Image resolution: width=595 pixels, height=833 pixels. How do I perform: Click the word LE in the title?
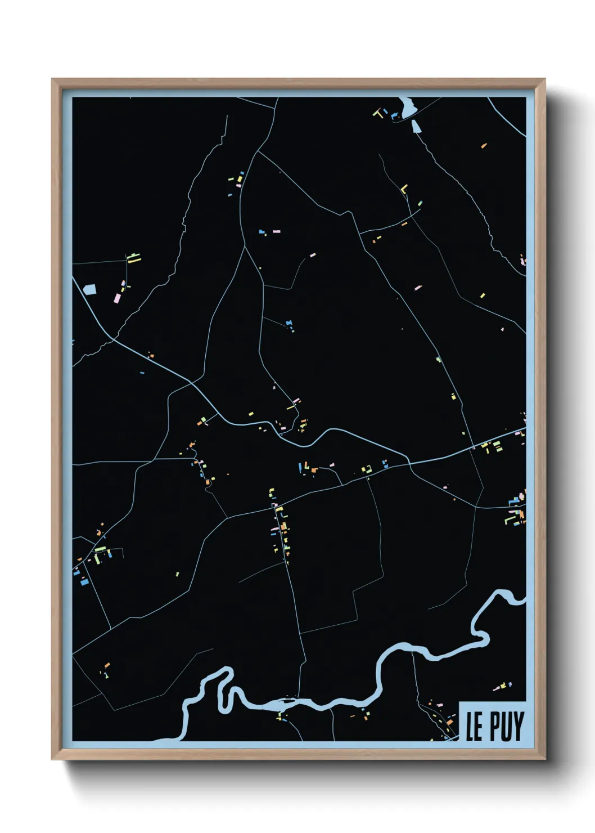(x=474, y=727)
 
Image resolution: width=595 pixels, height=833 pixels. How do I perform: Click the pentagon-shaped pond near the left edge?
(x=89, y=289)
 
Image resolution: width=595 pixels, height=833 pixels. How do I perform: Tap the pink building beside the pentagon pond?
(x=118, y=297)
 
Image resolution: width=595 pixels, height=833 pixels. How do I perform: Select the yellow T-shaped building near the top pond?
(x=378, y=113)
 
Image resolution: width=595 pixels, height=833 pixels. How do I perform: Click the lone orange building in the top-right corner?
(x=483, y=146)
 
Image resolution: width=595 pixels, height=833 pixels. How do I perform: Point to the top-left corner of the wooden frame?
(x=53, y=80)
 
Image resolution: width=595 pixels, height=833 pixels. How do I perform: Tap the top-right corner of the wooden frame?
(x=544, y=80)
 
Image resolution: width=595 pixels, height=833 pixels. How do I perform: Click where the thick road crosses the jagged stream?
(x=112, y=339)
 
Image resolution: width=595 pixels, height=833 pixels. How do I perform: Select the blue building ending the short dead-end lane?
(x=289, y=323)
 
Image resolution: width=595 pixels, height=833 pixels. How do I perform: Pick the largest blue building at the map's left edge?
(x=84, y=582)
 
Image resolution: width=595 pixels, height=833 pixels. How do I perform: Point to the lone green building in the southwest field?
(x=177, y=574)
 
